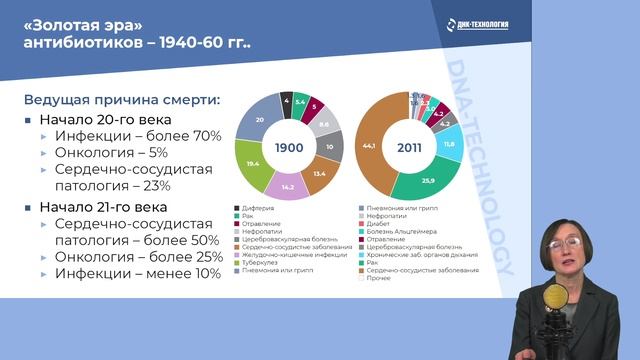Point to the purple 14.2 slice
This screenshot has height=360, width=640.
coord(290,187)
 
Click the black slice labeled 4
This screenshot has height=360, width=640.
coord(287,101)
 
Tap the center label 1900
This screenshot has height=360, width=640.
coord(290,146)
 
